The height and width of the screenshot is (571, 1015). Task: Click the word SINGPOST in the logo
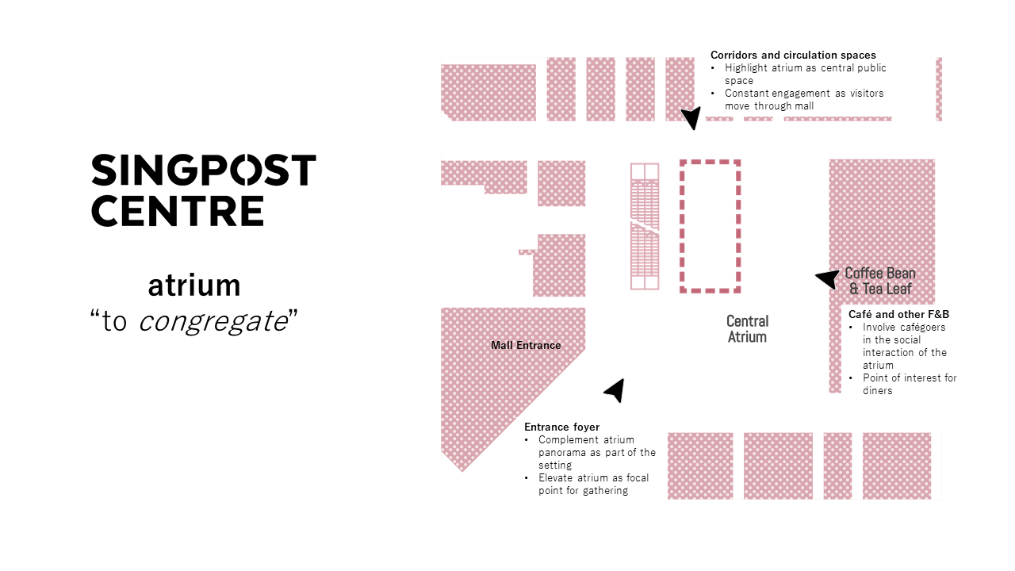(x=204, y=171)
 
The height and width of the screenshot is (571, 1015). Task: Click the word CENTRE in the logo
(x=178, y=211)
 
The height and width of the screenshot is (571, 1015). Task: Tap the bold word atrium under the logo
(x=193, y=285)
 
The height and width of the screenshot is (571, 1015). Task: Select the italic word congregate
(x=213, y=322)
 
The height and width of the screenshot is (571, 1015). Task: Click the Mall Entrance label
(x=526, y=346)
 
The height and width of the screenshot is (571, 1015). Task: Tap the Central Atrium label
(x=747, y=329)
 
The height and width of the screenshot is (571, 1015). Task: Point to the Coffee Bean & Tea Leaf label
(x=879, y=282)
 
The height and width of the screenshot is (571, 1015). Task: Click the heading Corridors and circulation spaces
(x=793, y=56)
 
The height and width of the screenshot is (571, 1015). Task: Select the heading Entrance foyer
(x=561, y=427)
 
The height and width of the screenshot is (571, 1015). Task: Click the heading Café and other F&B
(x=898, y=315)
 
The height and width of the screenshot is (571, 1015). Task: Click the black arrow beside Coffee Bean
(x=827, y=278)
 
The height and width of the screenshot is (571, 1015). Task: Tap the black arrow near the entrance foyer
(x=615, y=389)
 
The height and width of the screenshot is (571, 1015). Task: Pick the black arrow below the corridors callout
(x=691, y=118)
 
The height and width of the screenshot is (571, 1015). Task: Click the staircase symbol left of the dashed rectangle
(x=645, y=226)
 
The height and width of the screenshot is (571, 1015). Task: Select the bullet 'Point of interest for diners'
(x=910, y=384)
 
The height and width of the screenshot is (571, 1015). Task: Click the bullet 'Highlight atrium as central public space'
(x=805, y=74)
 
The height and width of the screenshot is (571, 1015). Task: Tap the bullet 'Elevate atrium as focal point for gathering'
(x=592, y=484)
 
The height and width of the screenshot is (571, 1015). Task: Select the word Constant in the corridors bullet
(x=746, y=94)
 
